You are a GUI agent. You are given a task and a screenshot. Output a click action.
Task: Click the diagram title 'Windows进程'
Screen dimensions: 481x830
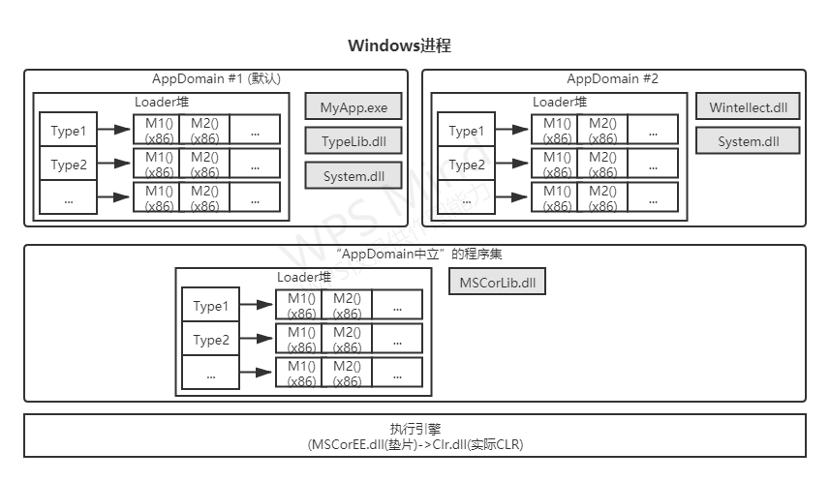399,45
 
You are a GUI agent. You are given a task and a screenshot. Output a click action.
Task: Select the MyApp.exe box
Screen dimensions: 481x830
353,107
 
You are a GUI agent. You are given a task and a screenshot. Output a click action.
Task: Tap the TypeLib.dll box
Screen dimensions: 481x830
353,141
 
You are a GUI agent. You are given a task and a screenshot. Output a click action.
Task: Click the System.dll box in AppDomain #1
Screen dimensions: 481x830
353,175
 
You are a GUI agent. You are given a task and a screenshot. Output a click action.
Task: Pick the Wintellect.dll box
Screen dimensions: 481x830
748,107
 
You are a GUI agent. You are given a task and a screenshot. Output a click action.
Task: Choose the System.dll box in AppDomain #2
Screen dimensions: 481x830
748,141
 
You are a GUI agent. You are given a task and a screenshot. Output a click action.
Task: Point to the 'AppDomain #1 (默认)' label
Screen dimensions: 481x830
217,79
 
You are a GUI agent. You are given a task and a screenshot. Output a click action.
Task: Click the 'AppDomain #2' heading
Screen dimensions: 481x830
612,79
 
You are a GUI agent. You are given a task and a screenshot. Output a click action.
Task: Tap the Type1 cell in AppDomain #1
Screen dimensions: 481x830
69,131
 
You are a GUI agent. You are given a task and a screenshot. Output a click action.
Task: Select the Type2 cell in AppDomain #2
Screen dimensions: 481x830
467,165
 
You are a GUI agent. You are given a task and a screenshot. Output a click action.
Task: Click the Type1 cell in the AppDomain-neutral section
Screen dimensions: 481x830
211,306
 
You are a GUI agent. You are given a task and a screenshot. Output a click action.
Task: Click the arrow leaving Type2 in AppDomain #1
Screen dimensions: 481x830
114,164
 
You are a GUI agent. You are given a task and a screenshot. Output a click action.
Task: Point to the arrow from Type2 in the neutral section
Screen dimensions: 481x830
257,339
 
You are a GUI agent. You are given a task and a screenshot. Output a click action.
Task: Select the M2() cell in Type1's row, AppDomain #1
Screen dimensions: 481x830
204,130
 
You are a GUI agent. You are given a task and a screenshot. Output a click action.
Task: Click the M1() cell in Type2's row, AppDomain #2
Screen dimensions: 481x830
556,164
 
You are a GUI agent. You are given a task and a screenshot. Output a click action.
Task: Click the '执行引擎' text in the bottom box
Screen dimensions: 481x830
415,429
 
